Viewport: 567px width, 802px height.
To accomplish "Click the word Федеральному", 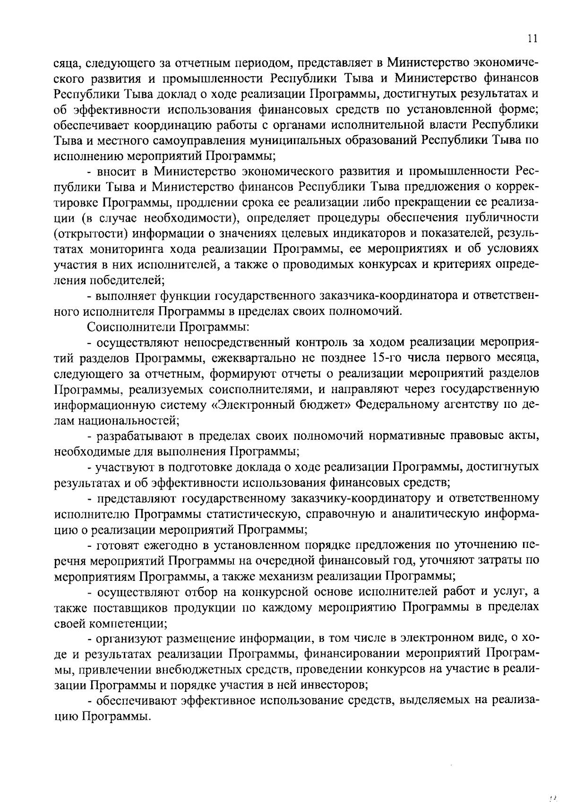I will (402, 405).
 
